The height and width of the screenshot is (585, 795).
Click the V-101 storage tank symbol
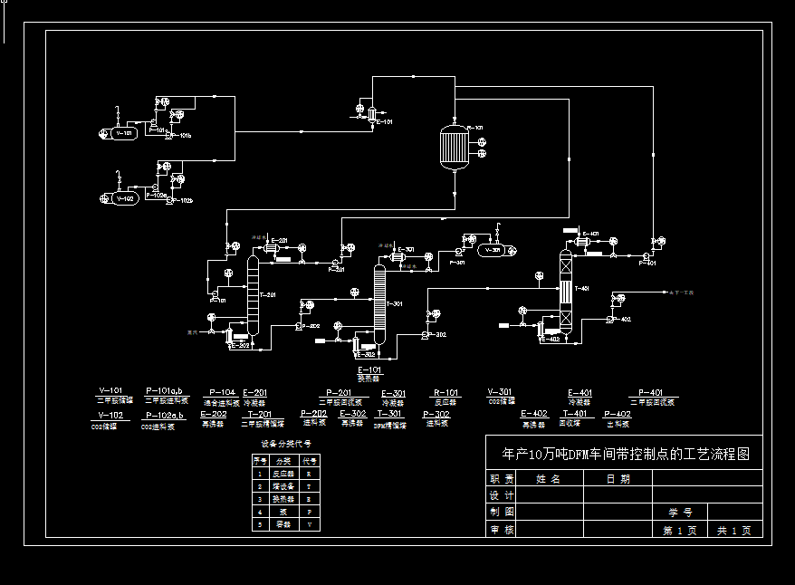(119, 134)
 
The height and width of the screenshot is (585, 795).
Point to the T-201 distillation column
(254, 299)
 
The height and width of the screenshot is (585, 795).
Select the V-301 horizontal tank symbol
(489, 250)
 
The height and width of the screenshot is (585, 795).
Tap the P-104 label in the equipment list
(221, 393)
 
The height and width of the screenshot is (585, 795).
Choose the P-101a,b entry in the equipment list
(164, 391)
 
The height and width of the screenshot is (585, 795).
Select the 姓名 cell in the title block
(548, 479)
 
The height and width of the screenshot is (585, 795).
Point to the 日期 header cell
(618, 479)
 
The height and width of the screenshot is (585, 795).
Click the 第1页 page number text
(680, 530)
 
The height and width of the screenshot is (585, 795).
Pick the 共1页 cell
(734, 530)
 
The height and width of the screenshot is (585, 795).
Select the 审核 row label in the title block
(503, 530)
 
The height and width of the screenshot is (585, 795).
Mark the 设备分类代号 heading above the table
(286, 444)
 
